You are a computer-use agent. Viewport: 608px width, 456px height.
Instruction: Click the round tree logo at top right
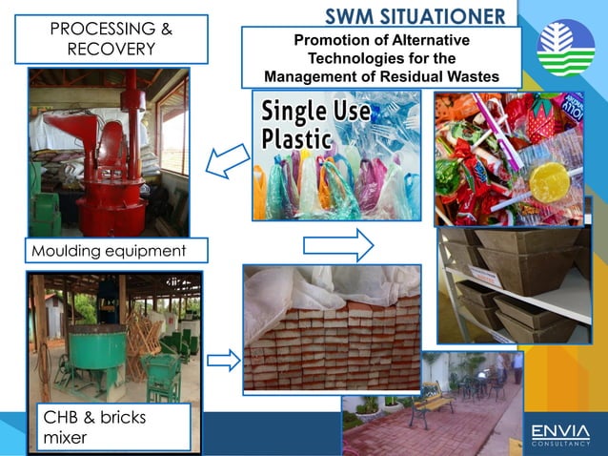pyautogui.click(x=564, y=47)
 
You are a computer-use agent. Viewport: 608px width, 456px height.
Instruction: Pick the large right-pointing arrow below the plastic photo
pyautogui.click(x=338, y=245)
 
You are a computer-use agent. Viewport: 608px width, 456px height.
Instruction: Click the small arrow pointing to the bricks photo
pyautogui.click(x=222, y=360)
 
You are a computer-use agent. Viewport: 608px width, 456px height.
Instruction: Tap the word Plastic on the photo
pyautogui.click(x=297, y=139)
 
